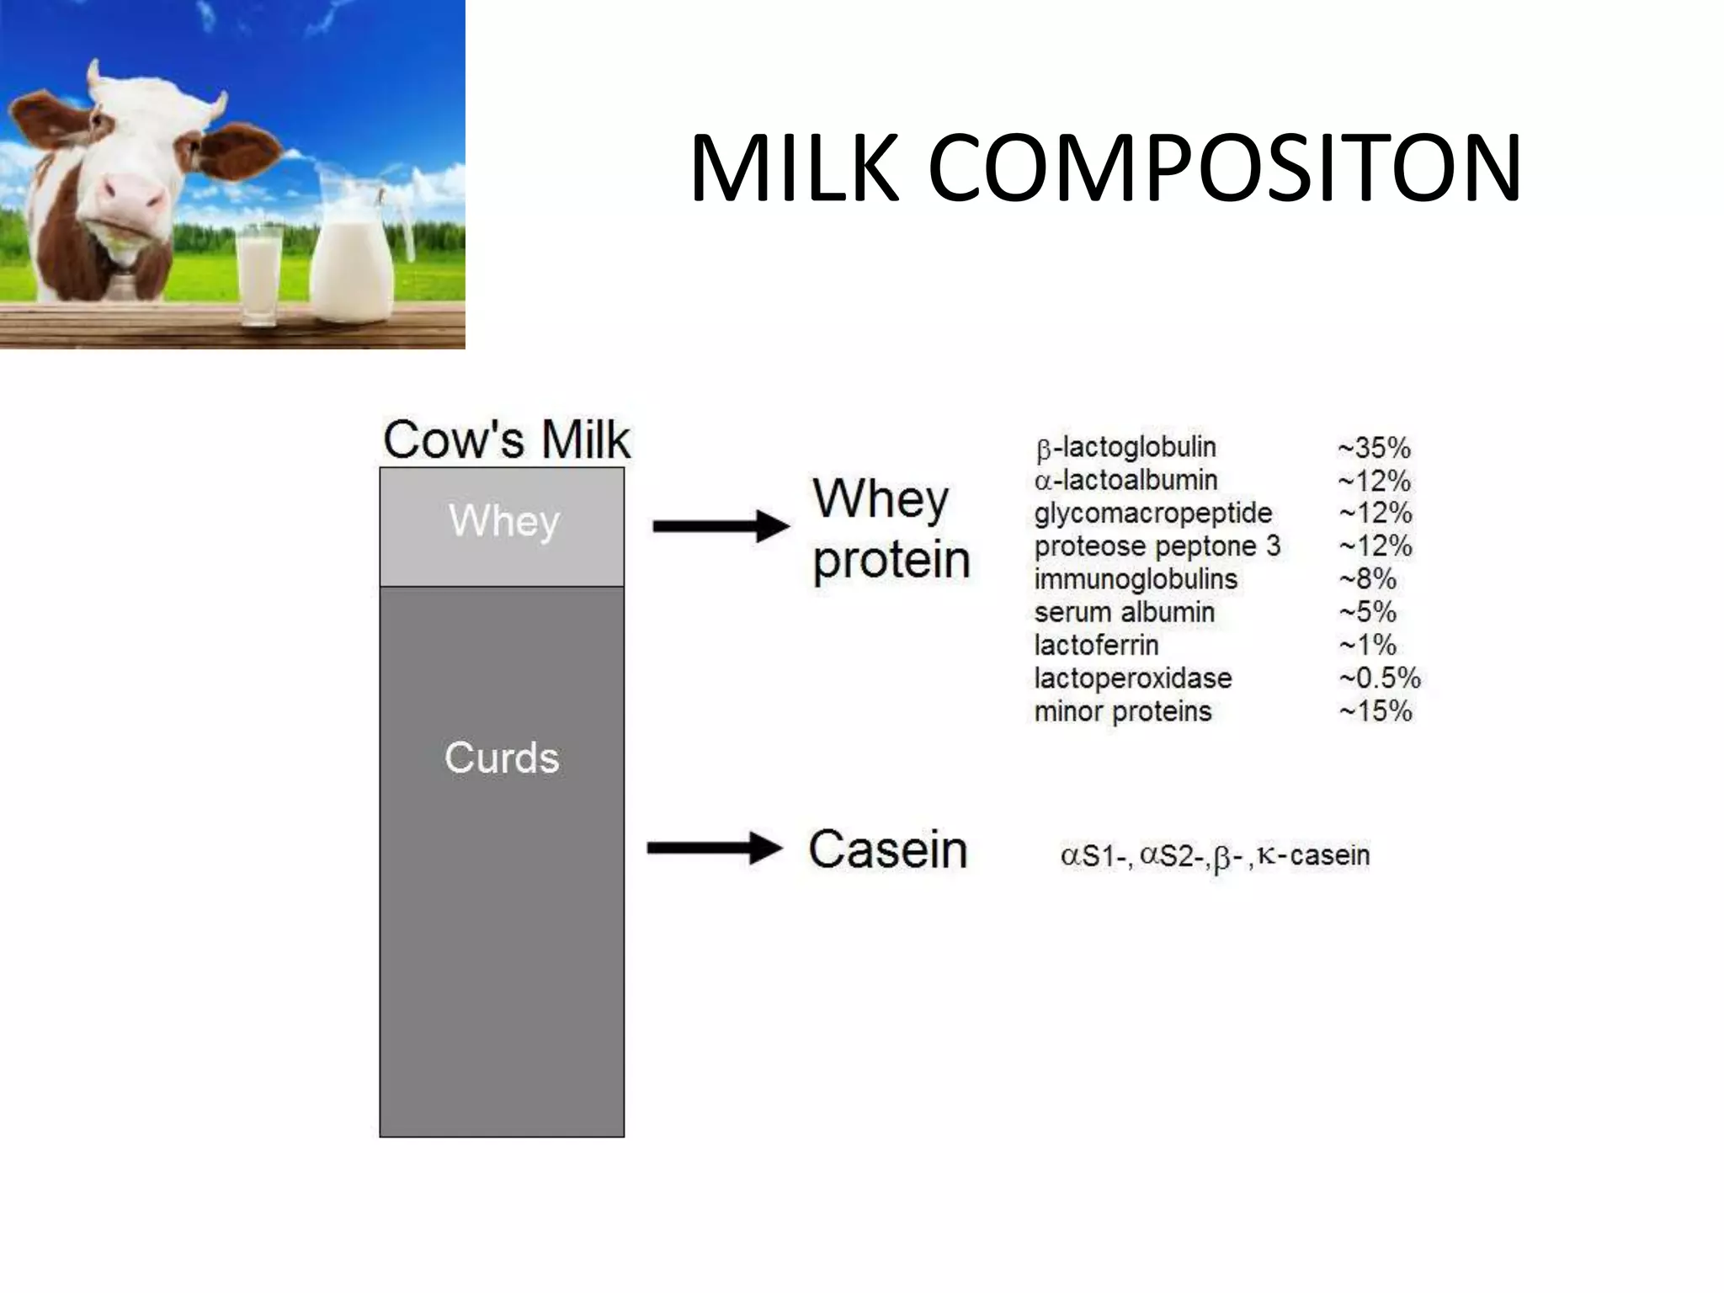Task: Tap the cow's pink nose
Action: coord(130,195)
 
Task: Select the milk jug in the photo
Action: coord(354,253)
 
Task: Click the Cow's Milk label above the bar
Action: coord(506,439)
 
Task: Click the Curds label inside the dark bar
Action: coord(502,758)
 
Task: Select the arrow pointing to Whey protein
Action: coord(721,527)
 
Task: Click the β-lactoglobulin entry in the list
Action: coord(1125,448)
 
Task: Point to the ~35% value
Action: coord(1374,448)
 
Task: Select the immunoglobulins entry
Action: coord(1136,579)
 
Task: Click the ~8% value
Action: coord(1367,579)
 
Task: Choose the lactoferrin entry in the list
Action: coord(1096,646)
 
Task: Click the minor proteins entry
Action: coord(1122,711)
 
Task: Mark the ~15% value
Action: coord(1375,711)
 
